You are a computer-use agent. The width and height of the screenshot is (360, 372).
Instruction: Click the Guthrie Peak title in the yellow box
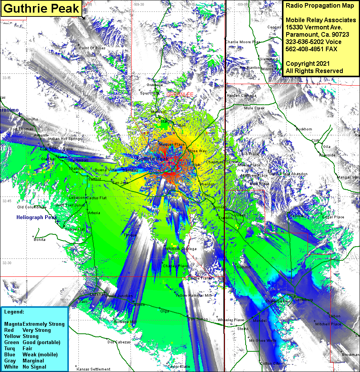tap(41, 8)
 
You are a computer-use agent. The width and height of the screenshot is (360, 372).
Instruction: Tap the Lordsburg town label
tap(305, 300)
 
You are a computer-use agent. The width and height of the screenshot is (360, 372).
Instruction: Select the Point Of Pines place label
tap(92, 48)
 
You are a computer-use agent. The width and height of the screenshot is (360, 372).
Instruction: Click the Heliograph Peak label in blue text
tap(37, 217)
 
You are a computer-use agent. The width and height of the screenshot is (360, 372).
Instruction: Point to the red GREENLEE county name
tap(180, 94)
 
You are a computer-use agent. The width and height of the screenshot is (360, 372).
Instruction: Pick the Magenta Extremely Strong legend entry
tap(34, 324)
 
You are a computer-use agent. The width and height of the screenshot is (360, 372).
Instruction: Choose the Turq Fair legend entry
tap(23, 348)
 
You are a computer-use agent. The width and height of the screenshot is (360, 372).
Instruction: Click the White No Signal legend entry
tap(25, 367)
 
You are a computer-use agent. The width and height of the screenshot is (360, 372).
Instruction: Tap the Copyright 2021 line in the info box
tap(307, 64)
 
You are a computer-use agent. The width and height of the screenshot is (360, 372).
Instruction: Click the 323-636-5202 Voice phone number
tap(314, 42)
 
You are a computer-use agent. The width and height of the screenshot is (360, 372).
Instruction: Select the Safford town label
tap(94, 179)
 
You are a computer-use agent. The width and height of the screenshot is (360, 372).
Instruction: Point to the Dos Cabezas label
tap(119, 342)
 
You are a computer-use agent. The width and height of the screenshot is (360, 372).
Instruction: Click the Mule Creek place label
tap(254, 108)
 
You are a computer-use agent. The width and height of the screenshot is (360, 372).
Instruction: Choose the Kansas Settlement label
tap(94, 369)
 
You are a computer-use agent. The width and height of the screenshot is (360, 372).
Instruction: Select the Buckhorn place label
tap(304, 129)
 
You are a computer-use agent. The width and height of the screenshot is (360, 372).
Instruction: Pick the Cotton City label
tap(270, 364)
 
